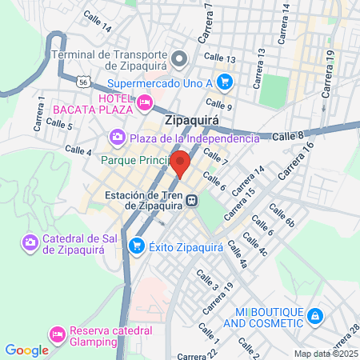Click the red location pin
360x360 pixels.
[182, 163]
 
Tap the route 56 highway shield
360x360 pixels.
[83, 82]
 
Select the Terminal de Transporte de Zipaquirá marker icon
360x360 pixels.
[180, 57]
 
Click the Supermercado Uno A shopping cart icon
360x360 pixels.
[225, 81]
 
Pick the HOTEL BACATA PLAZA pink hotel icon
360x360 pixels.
[144, 102]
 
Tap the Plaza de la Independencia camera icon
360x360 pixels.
[118, 138]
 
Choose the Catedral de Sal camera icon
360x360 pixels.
[30, 242]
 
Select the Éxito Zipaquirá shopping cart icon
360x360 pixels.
[136, 246]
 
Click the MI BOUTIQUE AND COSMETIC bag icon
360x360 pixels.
[315, 316]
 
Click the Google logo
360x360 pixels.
[26, 350]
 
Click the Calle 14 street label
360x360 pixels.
[97, 25]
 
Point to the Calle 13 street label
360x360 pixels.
[219, 58]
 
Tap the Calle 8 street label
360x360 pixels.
[289, 136]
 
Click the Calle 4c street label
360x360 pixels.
[254, 245]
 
